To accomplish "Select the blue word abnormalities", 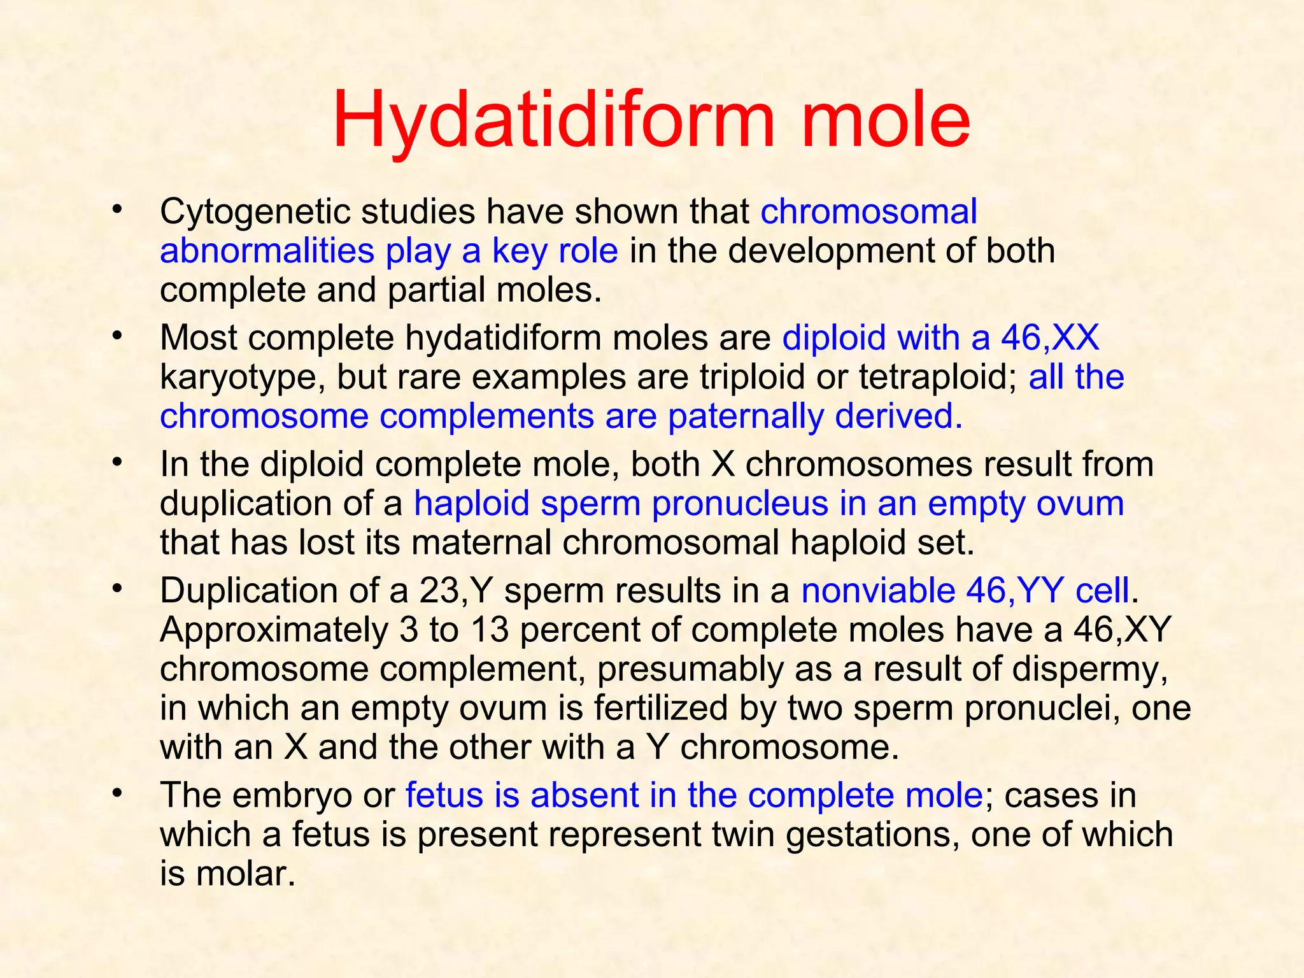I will tap(266, 251).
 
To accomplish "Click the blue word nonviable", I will tap(877, 591).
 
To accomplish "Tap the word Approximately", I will tap(274, 630).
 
